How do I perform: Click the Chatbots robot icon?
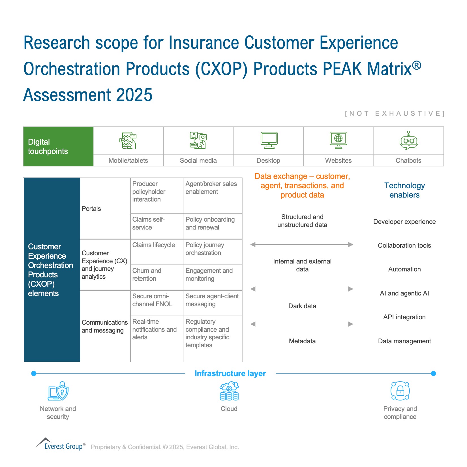coord(409,140)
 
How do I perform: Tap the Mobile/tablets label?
coord(128,160)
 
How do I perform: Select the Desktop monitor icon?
coord(269,140)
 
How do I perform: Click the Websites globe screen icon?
coord(339,140)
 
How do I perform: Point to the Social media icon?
coord(198,140)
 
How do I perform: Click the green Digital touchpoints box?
coord(58,146)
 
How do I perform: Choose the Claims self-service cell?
coord(157,226)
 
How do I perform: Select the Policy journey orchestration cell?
coord(213,252)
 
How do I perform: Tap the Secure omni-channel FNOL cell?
coord(157,303)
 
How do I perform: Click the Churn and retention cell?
coord(157,277)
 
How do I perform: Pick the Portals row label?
coord(91,209)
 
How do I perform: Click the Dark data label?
coord(302,306)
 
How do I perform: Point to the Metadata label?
coord(302,341)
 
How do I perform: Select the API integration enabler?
coord(404,317)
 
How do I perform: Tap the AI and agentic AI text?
coord(404,293)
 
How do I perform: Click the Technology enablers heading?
coord(404,190)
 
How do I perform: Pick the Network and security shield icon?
coord(58,391)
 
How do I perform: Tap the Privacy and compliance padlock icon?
coord(400,391)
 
